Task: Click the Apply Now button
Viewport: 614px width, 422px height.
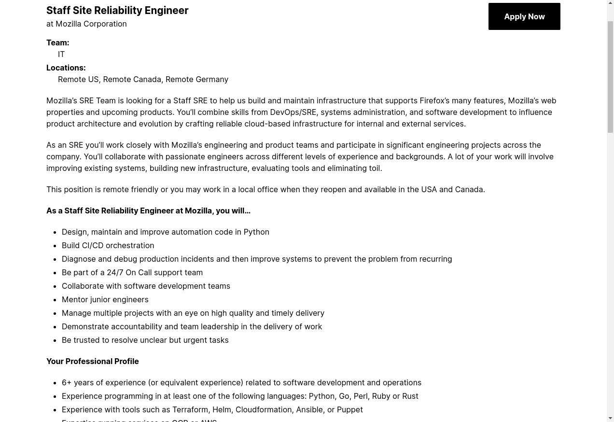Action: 524,16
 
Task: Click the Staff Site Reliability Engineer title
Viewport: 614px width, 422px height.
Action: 117,10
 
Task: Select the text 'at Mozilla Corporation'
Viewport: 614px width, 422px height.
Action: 86,24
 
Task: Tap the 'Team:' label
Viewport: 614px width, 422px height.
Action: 57,42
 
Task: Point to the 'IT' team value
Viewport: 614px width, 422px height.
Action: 61,54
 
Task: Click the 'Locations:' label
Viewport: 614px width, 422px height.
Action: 66,68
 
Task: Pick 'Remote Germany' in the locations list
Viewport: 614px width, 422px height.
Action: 196,79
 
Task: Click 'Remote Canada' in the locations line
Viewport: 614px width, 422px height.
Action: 132,79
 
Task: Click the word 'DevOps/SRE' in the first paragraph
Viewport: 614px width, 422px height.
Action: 293,112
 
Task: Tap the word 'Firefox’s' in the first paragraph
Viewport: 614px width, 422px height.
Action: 434,100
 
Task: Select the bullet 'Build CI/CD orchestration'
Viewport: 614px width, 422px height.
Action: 108,245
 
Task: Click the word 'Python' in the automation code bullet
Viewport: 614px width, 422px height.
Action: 256,232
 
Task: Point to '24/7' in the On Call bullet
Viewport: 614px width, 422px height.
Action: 115,272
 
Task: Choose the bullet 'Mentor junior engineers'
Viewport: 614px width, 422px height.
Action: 105,299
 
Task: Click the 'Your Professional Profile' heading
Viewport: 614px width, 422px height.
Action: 92,361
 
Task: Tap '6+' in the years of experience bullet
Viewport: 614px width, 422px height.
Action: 67,382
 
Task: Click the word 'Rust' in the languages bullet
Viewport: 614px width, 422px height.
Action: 410,396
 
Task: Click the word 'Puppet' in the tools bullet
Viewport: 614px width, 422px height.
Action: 349,409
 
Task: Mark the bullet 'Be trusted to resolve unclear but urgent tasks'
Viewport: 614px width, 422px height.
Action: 145,340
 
